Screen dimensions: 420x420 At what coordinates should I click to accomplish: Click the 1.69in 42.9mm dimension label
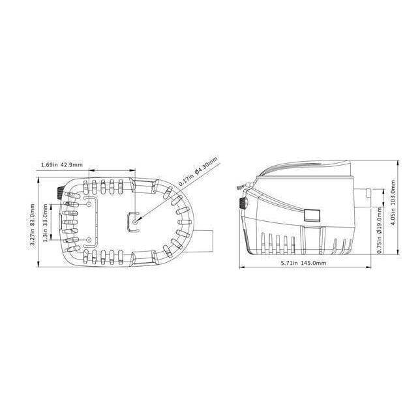[62, 164]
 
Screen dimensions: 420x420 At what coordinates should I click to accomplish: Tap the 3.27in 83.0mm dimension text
[32, 224]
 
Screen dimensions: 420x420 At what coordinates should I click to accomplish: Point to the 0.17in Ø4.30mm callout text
[198, 172]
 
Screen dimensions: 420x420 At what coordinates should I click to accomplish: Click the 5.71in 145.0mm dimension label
[303, 263]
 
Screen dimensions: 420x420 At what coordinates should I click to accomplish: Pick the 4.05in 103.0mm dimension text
[393, 202]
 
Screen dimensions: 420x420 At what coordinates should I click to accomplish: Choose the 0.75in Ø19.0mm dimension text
[380, 231]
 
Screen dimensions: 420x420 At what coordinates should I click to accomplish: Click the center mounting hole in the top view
[135, 222]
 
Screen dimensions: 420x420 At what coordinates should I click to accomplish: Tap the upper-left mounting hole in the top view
[89, 204]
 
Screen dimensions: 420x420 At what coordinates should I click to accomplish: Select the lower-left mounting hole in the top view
[89, 240]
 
